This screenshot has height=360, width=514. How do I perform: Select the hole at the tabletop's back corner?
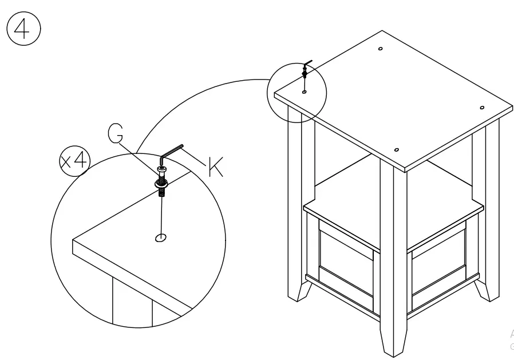point(381,49)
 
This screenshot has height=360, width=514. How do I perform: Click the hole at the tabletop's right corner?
point(481,108)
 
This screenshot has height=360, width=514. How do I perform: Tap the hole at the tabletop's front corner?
point(397,150)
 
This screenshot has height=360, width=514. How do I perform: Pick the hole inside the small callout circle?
point(304,91)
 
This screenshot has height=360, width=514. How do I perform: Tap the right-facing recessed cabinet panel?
point(438,265)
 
